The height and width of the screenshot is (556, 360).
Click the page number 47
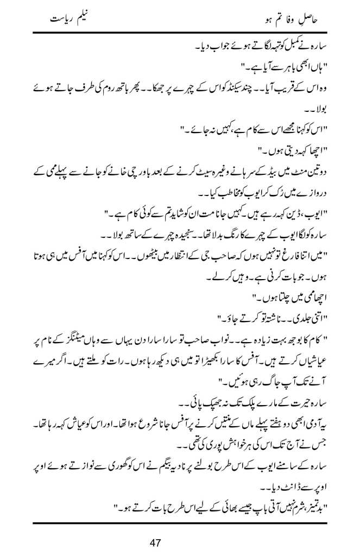click(x=180, y=541)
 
